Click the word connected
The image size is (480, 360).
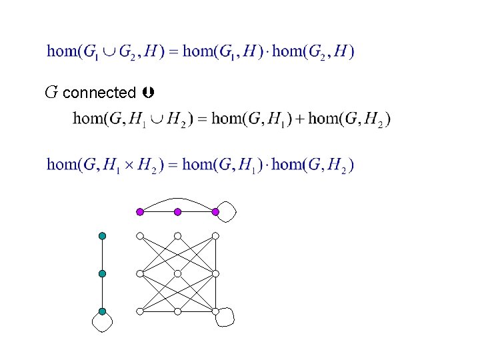99,93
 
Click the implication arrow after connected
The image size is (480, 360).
148,92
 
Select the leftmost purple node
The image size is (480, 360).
140,212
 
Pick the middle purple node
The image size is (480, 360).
177,212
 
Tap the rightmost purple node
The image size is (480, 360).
215,212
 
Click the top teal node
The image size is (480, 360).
102,235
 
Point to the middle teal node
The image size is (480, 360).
102,273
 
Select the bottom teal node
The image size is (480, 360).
102,311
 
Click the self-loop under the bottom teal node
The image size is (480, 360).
102,324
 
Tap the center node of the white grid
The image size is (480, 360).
177,273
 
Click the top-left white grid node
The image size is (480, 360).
140,235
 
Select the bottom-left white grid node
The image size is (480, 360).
140,311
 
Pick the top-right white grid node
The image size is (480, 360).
215,235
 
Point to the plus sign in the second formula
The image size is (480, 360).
299,119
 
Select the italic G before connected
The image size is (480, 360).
51,92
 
